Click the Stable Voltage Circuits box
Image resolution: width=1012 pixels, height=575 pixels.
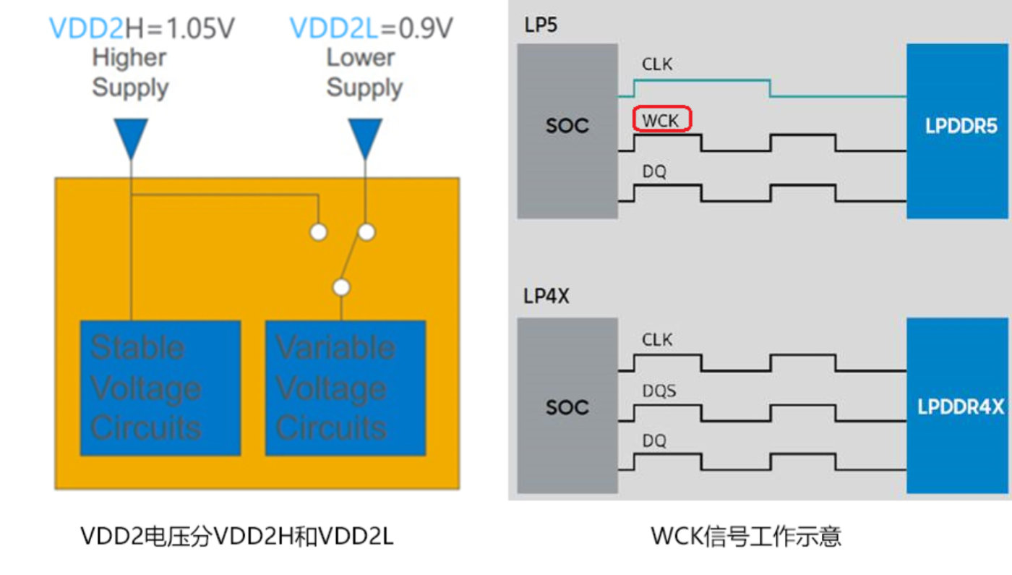(x=160, y=388)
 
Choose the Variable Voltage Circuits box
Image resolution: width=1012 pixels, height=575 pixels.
(x=345, y=388)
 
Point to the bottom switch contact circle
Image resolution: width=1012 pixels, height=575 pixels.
(x=341, y=287)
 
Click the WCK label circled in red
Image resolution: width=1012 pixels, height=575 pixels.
(x=662, y=119)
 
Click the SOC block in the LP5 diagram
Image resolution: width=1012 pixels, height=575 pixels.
(x=567, y=130)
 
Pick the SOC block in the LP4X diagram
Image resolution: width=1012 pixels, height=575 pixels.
(x=567, y=406)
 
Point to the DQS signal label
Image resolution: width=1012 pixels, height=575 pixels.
(x=659, y=391)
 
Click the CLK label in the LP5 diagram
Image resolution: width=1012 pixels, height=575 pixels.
(x=657, y=64)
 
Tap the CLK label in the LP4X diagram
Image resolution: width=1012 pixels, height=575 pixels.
(x=657, y=339)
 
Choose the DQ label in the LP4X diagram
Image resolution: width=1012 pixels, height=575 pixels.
(x=654, y=440)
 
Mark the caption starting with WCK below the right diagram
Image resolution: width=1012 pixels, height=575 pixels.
(x=746, y=536)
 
